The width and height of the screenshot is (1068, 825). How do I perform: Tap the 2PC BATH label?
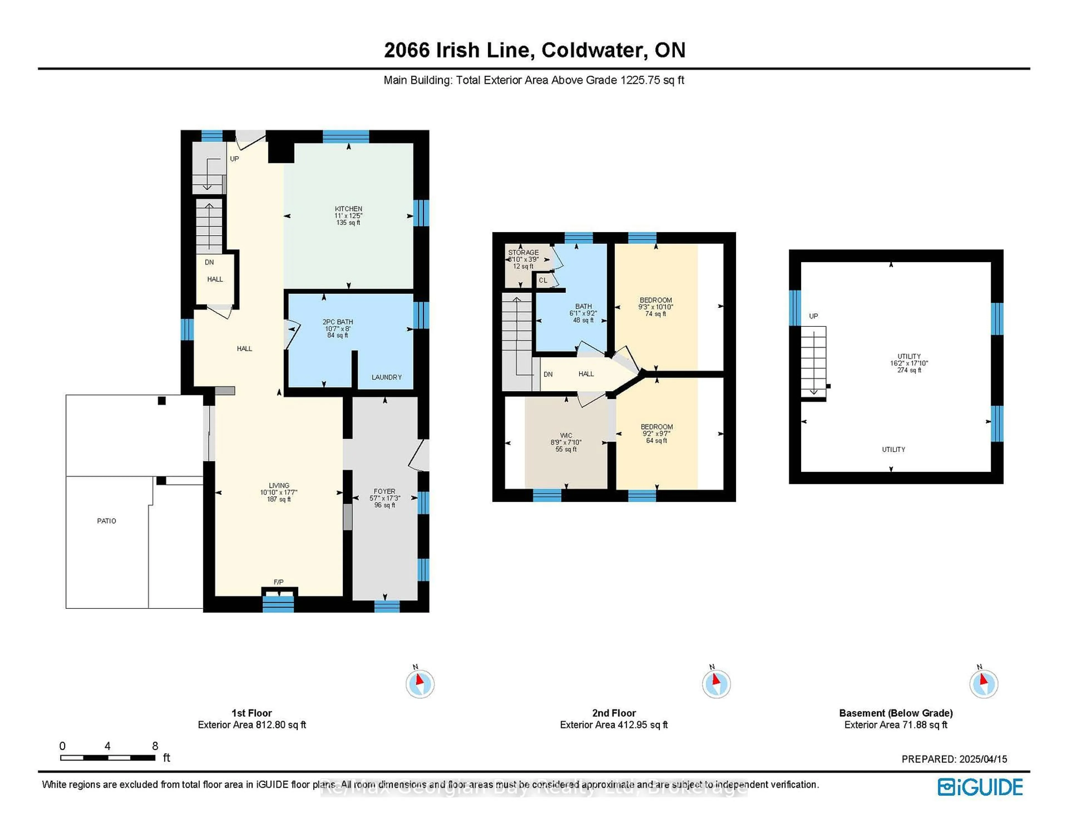click(337, 322)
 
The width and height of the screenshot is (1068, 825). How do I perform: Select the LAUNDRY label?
click(386, 377)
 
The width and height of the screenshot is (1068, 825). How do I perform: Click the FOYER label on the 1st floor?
click(384, 491)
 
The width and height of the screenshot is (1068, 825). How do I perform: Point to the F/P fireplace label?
click(278, 582)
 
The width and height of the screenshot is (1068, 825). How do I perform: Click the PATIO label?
click(107, 521)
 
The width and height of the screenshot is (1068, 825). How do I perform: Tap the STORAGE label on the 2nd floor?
click(523, 252)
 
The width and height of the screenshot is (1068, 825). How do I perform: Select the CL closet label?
click(543, 280)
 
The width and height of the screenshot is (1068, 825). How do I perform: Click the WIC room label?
click(566, 435)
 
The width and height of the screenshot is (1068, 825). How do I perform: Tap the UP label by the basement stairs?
click(813, 316)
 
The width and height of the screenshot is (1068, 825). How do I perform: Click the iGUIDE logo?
click(980, 787)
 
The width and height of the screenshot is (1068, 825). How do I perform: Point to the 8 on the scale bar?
click(155, 746)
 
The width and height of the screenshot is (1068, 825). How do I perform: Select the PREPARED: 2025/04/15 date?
click(954, 759)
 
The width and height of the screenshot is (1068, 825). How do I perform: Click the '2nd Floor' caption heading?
click(614, 713)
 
